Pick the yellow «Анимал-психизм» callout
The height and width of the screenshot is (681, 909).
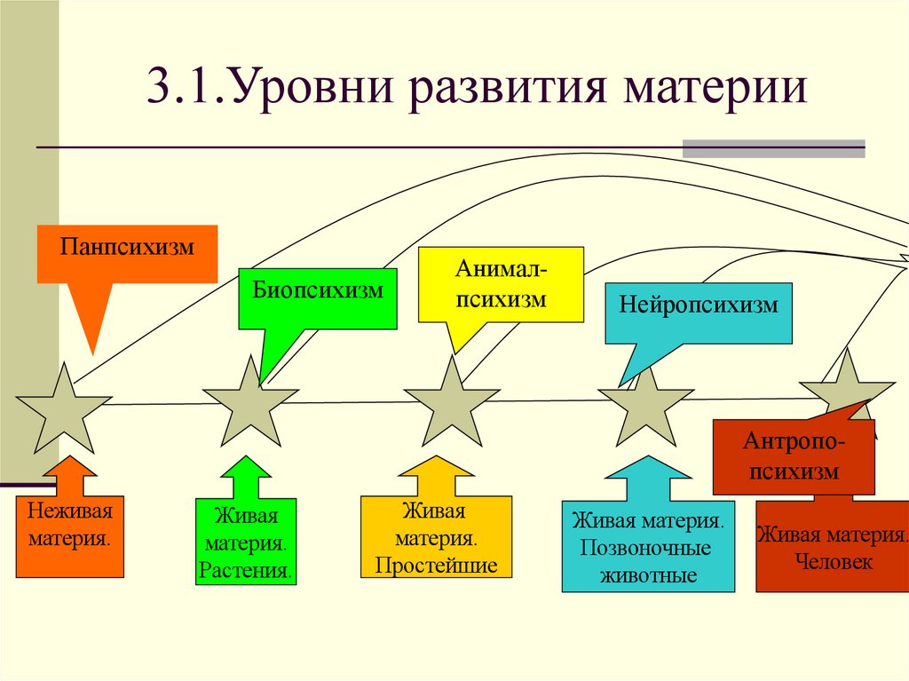(501, 284)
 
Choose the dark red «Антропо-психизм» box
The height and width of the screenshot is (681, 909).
(794, 457)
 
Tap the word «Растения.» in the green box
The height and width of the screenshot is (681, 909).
(246, 568)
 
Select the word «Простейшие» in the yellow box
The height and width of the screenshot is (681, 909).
(436, 566)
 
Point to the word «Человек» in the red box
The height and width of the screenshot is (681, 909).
(834, 561)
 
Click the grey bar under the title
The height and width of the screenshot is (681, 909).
(773, 148)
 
